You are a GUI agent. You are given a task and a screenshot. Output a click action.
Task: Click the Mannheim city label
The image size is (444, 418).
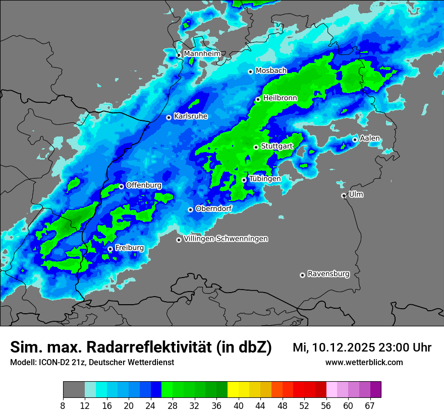pyautogui.click(x=202, y=54)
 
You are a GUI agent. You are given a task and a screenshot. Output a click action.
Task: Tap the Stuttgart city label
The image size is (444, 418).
pyautogui.click(x=277, y=147)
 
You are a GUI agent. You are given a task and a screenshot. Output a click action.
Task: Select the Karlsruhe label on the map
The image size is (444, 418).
pyautogui.click(x=191, y=116)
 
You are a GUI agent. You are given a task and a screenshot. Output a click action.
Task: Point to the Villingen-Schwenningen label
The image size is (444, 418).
pyautogui.click(x=226, y=239)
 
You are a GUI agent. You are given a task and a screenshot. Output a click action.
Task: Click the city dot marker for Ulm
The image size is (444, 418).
pyautogui.click(x=344, y=195)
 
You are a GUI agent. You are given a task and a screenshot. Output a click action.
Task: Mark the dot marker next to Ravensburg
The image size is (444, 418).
pyautogui.click(x=302, y=275)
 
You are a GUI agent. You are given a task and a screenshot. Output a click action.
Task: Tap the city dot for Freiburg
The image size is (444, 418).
pyautogui.click(x=110, y=249)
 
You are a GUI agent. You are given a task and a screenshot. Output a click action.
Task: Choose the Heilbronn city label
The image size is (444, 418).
pyautogui.click(x=280, y=98)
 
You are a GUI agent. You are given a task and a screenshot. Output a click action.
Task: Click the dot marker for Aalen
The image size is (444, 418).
pyautogui.click(x=355, y=140)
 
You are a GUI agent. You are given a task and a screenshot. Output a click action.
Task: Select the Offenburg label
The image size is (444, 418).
pyautogui.click(x=144, y=185)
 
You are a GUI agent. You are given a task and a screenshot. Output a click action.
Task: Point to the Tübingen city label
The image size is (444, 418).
pyautogui.click(x=265, y=179)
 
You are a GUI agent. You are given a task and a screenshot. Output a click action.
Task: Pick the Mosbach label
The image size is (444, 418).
pyautogui.click(x=271, y=71)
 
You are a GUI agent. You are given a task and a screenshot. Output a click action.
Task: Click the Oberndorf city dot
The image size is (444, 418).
pyautogui.click(x=190, y=210)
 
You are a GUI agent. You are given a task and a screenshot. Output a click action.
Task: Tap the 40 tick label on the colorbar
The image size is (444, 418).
pyautogui.click(x=239, y=406)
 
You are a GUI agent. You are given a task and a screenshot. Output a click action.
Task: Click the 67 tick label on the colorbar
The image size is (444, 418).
pyautogui.click(x=370, y=406)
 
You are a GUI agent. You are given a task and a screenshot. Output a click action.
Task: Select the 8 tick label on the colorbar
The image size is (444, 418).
pyautogui.click(x=63, y=406)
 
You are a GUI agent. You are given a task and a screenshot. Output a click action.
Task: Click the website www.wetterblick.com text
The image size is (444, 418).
pyautogui.click(x=364, y=363)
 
